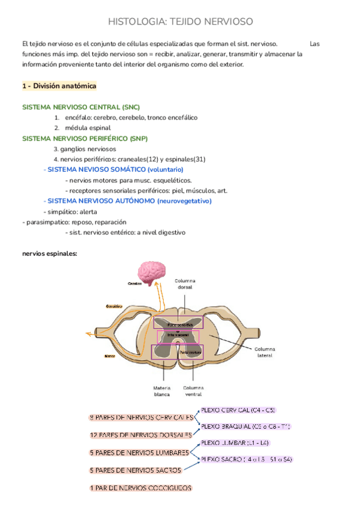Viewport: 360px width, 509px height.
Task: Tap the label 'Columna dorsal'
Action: (x=185, y=284)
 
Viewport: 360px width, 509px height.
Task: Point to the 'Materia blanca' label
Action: (x=162, y=391)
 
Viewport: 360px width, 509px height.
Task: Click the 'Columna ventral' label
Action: (x=193, y=391)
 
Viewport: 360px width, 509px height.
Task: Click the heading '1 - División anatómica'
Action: (x=59, y=86)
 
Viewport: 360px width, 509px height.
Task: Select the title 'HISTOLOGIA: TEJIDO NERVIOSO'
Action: (x=180, y=22)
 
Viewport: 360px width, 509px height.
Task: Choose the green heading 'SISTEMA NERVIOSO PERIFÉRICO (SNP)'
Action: (x=85, y=138)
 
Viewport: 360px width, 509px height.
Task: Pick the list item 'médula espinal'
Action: (x=88, y=128)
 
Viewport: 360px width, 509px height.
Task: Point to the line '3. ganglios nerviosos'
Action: (x=85, y=149)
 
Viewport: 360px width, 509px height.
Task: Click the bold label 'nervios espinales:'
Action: (x=49, y=254)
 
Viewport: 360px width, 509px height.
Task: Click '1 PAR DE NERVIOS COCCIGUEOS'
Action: (x=140, y=489)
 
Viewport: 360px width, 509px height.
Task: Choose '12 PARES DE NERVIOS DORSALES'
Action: (x=140, y=435)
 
